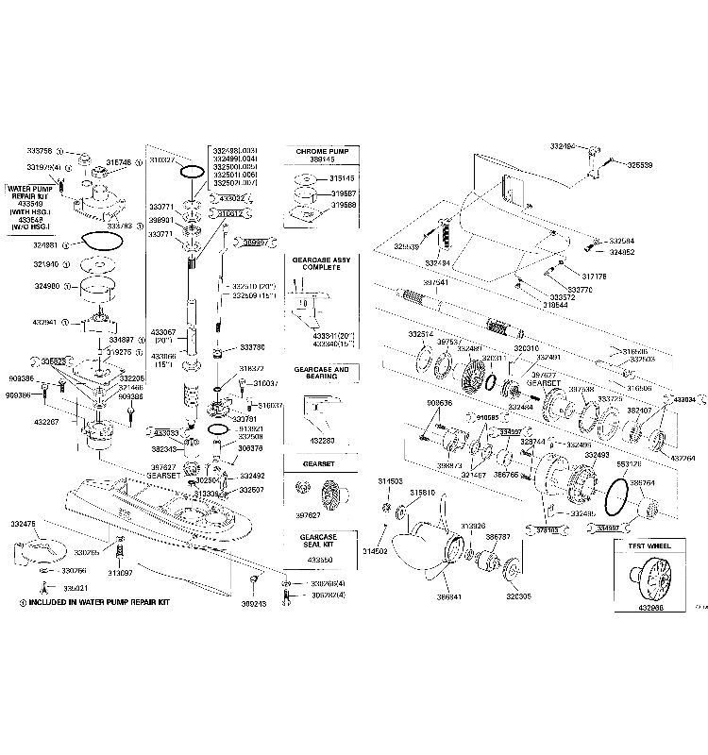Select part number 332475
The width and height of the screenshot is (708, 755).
coord(24,522)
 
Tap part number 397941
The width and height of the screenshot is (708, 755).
coord(435,281)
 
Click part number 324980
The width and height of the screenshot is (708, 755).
coord(46,286)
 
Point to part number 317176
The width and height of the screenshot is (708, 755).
coord(594,277)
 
